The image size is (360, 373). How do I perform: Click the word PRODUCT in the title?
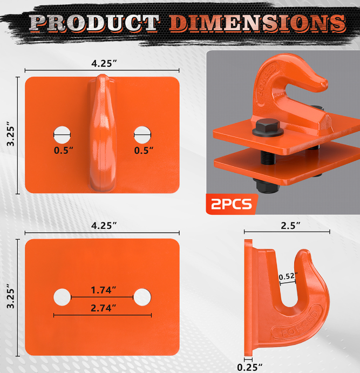94,23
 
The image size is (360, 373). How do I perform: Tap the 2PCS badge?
231,204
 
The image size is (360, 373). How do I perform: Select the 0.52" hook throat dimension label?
287,277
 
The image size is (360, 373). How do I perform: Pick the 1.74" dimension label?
104,290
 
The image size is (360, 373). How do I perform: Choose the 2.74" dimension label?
104,308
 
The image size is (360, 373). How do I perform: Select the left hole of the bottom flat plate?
62,297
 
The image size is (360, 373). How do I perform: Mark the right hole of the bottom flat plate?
142,297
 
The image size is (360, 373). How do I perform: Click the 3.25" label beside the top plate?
9,135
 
